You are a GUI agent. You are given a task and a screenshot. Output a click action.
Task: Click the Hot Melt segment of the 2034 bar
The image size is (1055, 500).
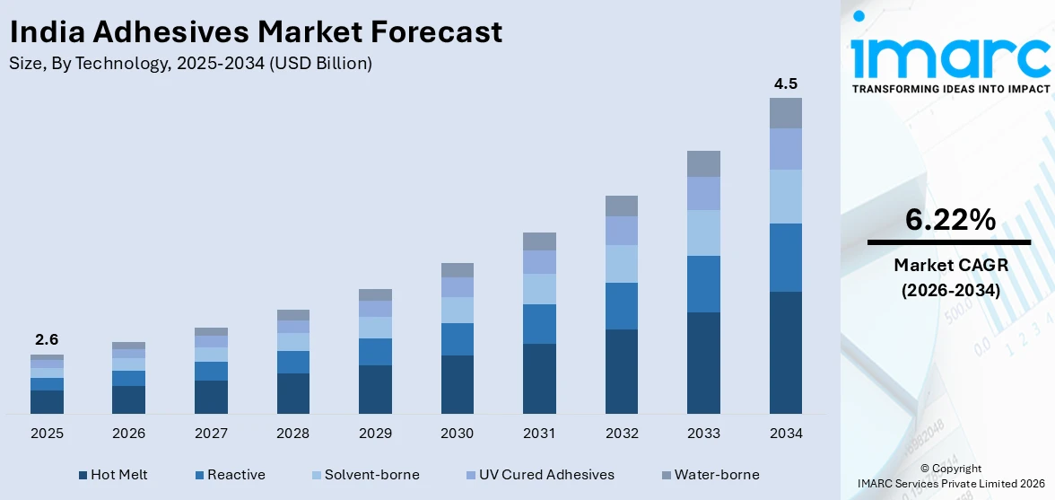tap(785, 352)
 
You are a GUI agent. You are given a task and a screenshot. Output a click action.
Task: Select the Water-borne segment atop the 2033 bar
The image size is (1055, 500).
tap(703, 163)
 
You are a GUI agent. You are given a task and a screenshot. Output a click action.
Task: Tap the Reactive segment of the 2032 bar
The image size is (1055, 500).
tap(621, 306)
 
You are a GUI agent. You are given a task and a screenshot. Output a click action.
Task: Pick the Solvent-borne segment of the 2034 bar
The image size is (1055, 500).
tap(785, 197)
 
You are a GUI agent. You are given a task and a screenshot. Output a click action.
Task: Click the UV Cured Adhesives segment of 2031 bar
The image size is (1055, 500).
tap(539, 262)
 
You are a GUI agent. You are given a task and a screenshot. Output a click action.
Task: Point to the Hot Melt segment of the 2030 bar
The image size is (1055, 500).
tap(457, 384)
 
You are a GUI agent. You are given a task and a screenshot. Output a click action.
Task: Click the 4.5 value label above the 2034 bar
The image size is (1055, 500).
tap(785, 83)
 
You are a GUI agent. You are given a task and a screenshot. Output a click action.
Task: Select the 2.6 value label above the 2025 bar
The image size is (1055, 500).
tap(47, 340)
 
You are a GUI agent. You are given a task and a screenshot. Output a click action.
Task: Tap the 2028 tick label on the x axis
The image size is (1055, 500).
tap(292, 434)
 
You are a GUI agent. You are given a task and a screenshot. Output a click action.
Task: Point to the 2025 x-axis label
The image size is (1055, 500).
tap(47, 434)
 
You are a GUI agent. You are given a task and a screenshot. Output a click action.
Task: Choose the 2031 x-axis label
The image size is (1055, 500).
tap(539, 434)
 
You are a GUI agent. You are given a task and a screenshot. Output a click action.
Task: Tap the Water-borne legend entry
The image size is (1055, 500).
tap(716, 475)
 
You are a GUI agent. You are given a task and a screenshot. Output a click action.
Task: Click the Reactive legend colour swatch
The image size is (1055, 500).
tap(199, 475)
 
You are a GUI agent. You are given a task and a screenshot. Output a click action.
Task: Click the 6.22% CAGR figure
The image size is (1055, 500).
tap(949, 219)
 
